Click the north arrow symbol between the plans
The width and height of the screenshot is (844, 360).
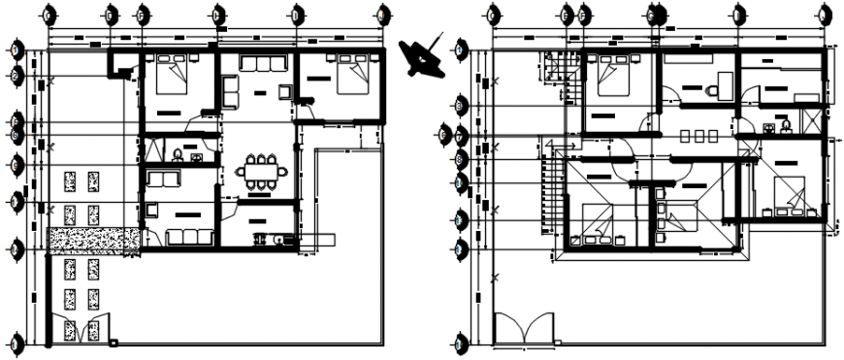(424, 60)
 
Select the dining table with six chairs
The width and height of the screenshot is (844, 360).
(261, 172)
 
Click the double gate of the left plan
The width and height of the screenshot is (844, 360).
(81, 330)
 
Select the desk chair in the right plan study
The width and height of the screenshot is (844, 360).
(713, 89)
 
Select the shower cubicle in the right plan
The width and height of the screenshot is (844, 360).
(808, 120)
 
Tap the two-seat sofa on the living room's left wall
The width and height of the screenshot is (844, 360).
(229, 90)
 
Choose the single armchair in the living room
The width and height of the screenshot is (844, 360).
(284, 91)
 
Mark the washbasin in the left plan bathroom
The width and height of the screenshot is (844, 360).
(197, 156)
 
